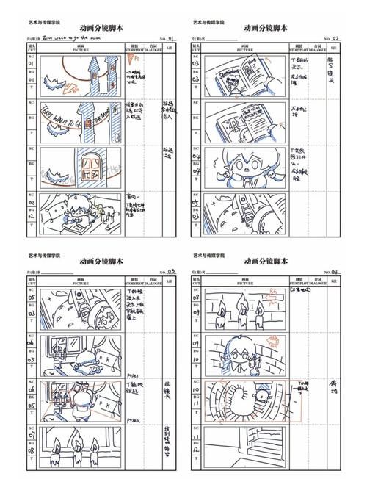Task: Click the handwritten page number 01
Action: [x=171, y=38]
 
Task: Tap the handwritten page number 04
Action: [x=336, y=271]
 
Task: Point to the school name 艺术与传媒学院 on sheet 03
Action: [x=44, y=256]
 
